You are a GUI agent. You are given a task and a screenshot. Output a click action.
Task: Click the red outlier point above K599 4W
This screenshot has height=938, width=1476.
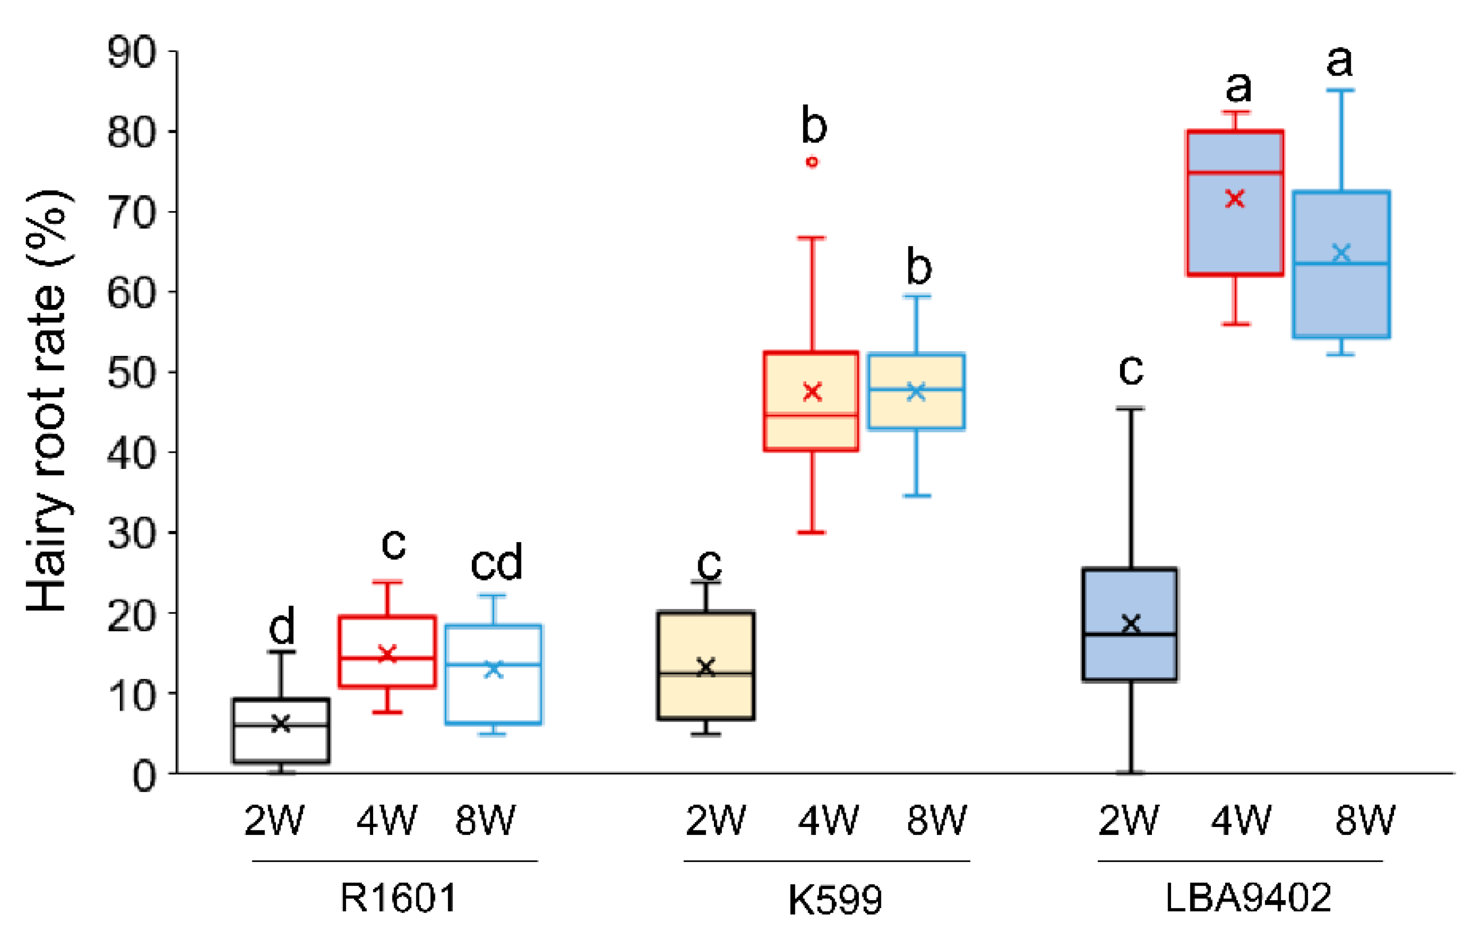click(x=812, y=162)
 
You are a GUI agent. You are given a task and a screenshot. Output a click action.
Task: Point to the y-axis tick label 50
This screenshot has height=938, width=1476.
click(x=131, y=373)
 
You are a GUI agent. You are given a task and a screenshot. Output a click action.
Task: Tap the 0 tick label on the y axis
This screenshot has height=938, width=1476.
click(x=145, y=776)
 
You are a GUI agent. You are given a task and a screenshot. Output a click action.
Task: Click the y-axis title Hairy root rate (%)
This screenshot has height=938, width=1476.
click(x=48, y=402)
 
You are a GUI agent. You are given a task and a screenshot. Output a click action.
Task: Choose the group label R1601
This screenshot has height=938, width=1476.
click(x=398, y=899)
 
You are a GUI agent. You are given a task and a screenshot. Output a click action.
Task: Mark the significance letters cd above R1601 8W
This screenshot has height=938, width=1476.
click(x=496, y=563)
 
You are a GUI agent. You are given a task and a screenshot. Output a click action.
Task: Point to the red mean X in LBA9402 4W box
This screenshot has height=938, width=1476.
click(x=1235, y=198)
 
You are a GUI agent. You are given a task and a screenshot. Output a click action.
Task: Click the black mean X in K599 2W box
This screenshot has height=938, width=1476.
click(x=706, y=667)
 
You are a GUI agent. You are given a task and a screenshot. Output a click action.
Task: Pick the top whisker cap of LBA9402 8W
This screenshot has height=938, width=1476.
click(x=1341, y=90)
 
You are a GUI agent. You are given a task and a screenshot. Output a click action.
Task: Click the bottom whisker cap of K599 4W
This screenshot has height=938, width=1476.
click(x=812, y=532)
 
